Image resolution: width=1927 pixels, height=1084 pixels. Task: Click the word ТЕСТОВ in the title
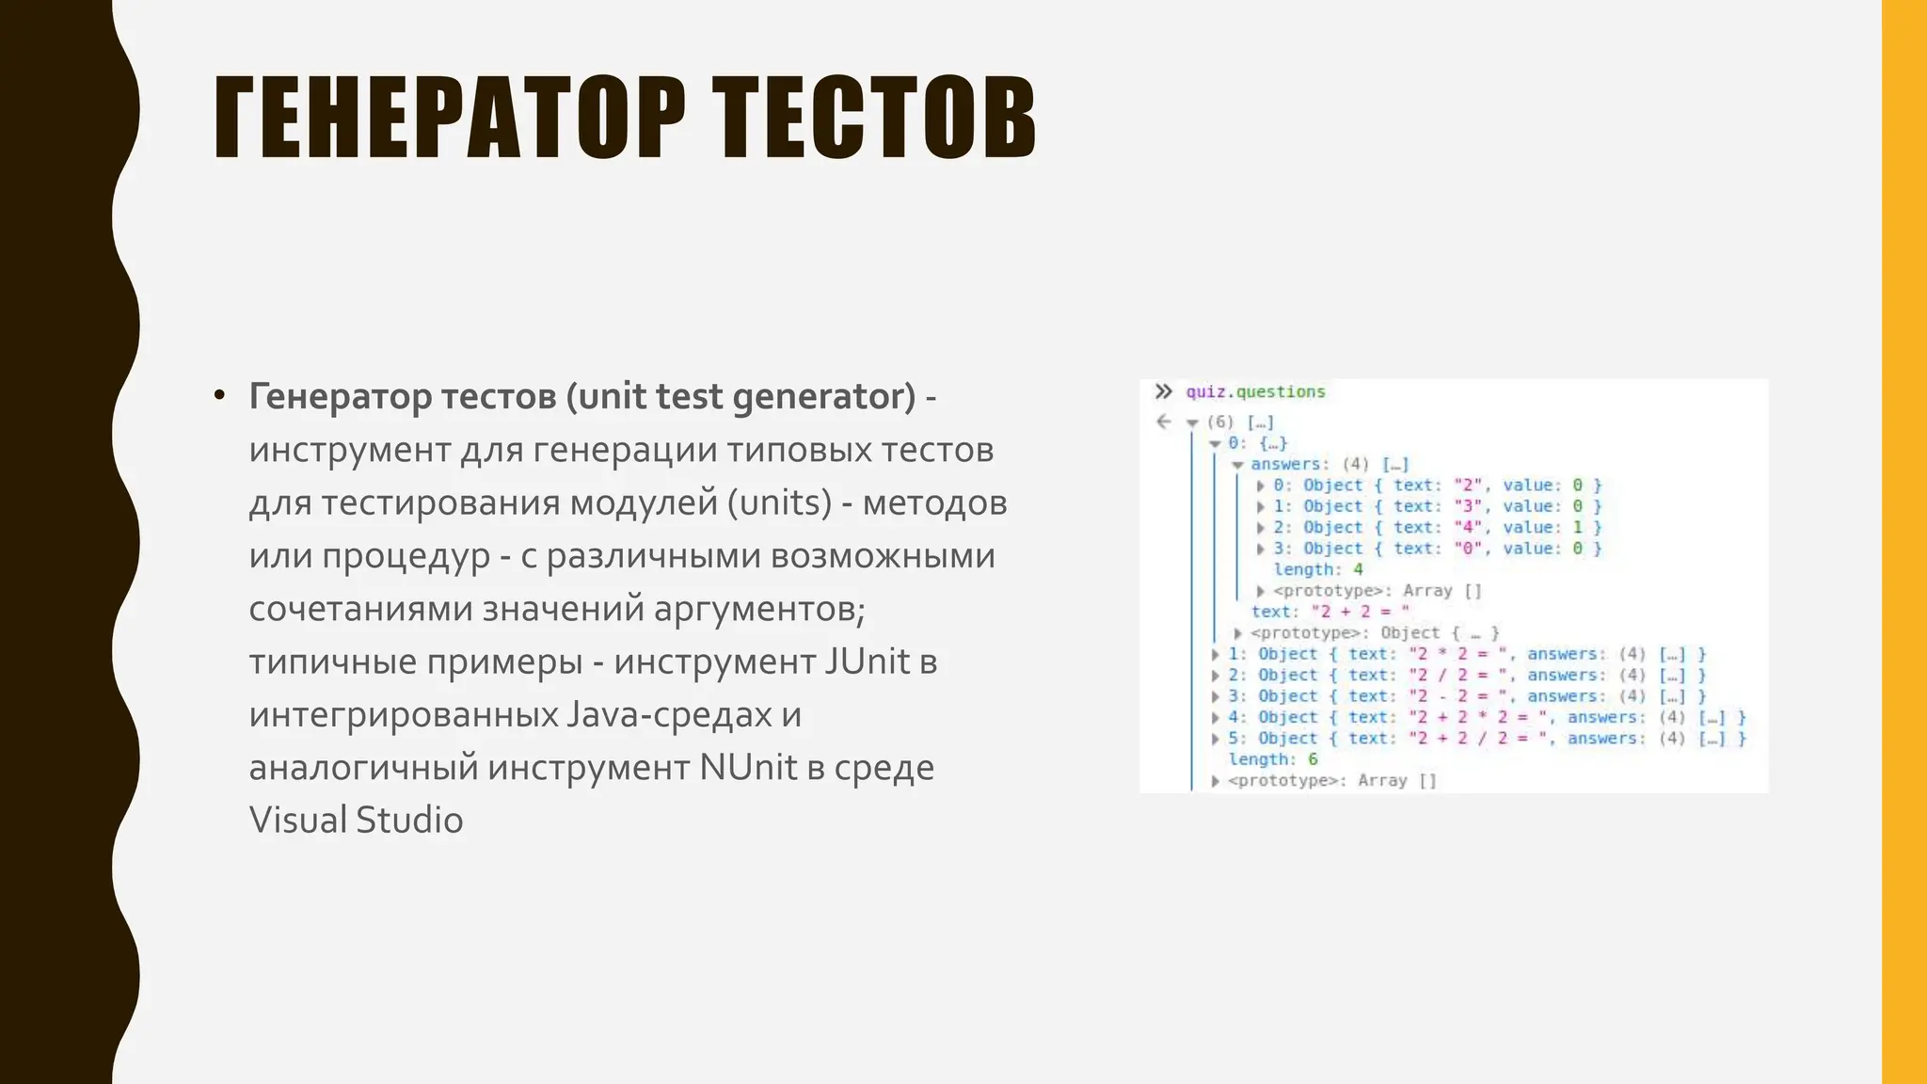tap(874, 118)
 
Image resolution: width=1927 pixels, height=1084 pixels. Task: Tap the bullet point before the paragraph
tap(219, 395)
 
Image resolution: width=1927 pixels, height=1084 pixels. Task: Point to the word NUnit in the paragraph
tap(749, 767)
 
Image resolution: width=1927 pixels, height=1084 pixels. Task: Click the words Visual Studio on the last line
tap(356, 820)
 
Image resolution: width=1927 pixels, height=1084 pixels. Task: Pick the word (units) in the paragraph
tap(780, 502)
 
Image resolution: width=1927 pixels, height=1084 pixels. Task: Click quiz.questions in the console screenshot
tap(1255, 391)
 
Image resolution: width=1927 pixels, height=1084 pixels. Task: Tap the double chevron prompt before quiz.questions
tap(1164, 391)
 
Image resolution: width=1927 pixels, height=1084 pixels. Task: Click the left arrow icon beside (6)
tap(1164, 422)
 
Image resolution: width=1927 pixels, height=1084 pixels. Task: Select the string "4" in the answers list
tap(1467, 527)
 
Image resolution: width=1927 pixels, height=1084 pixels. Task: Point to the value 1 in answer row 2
tap(1578, 527)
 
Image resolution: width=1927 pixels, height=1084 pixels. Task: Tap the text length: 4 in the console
tap(1317, 569)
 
